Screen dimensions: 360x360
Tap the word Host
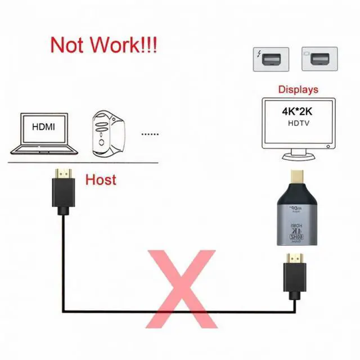pos(101,179)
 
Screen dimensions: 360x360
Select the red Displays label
pos(298,89)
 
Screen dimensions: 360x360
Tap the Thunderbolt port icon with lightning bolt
pos(270,59)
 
